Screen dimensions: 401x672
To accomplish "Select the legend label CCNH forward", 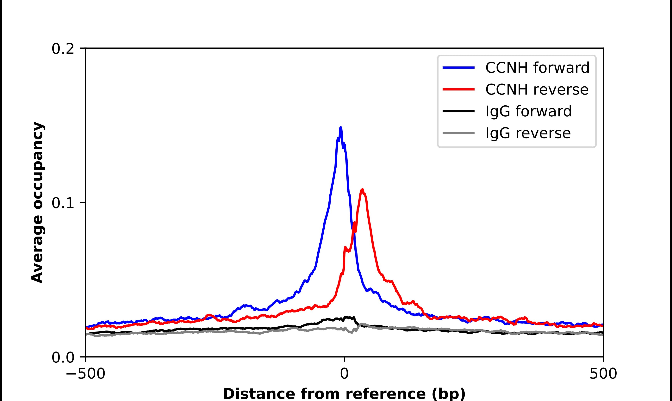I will pos(537,68).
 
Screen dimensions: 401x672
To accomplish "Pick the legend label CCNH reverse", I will pos(537,89).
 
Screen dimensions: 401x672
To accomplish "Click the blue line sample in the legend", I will pos(458,68).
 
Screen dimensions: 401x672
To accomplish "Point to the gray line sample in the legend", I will pos(458,133).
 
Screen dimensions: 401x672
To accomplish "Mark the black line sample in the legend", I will pos(458,111).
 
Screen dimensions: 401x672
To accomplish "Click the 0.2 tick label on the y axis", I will pos(63,49).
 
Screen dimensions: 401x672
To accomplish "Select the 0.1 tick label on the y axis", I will pos(63,203).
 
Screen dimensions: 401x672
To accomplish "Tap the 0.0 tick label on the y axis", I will pos(63,357).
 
